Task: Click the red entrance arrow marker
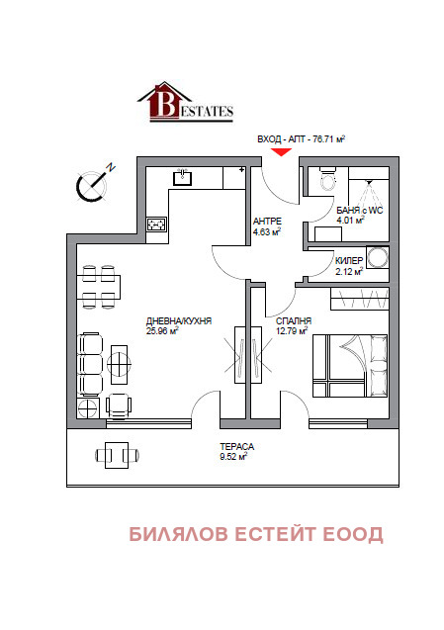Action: [x=281, y=152]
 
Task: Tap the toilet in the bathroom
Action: [x=328, y=179]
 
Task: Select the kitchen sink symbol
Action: [x=182, y=177]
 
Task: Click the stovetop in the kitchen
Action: [x=156, y=224]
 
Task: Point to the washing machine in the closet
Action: [x=378, y=257]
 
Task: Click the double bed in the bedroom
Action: [x=350, y=366]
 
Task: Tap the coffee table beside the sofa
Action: [x=119, y=365]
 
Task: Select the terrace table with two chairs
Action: [x=117, y=455]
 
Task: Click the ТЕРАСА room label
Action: [x=236, y=447]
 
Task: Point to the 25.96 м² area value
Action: [x=162, y=331]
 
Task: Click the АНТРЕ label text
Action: [x=267, y=222]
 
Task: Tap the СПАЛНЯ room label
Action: [x=294, y=321]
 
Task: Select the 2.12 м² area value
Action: [x=349, y=272]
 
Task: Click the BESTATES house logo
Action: [x=185, y=102]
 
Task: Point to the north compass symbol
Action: [x=94, y=183]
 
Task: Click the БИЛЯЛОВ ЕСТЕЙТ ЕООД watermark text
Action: [x=256, y=534]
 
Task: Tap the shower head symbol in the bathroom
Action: [x=369, y=184]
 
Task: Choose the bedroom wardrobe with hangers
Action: [x=360, y=299]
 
